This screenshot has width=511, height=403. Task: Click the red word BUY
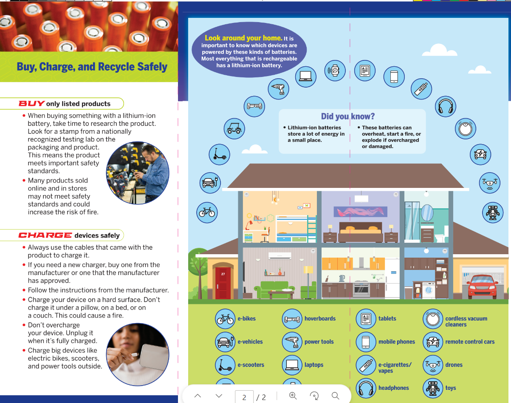pyautogui.click(x=31, y=103)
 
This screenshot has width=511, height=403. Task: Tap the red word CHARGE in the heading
pyautogui.click(x=45, y=235)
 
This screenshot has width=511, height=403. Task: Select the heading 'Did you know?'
pyautogui.click(x=347, y=116)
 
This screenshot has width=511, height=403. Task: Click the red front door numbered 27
pyautogui.click(x=223, y=283)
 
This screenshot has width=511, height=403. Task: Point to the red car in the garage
pyautogui.click(x=482, y=287)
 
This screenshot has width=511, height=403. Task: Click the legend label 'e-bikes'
pyautogui.click(x=246, y=318)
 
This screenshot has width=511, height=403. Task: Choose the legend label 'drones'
pyautogui.click(x=454, y=365)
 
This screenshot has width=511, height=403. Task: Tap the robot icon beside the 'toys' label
pyautogui.click(x=433, y=388)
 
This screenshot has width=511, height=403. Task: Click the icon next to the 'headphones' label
pyautogui.click(x=366, y=388)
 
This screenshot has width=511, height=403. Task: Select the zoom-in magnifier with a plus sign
pyautogui.click(x=293, y=396)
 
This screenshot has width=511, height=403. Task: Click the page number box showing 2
pyautogui.click(x=244, y=397)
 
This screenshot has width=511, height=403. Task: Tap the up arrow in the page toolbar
pyautogui.click(x=198, y=396)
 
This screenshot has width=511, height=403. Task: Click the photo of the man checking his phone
pyautogui.click(x=138, y=173)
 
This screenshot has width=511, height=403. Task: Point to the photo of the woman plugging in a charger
pyautogui.click(x=138, y=354)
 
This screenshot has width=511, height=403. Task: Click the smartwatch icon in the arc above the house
pyautogui.click(x=335, y=71)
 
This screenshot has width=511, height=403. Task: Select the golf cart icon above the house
pyautogui.click(x=234, y=128)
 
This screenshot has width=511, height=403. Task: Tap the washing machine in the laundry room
pyautogui.click(x=429, y=290)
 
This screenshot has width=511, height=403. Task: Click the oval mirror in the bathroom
pyautogui.click(x=427, y=213)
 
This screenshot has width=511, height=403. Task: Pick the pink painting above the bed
pyautogui.click(x=361, y=212)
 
